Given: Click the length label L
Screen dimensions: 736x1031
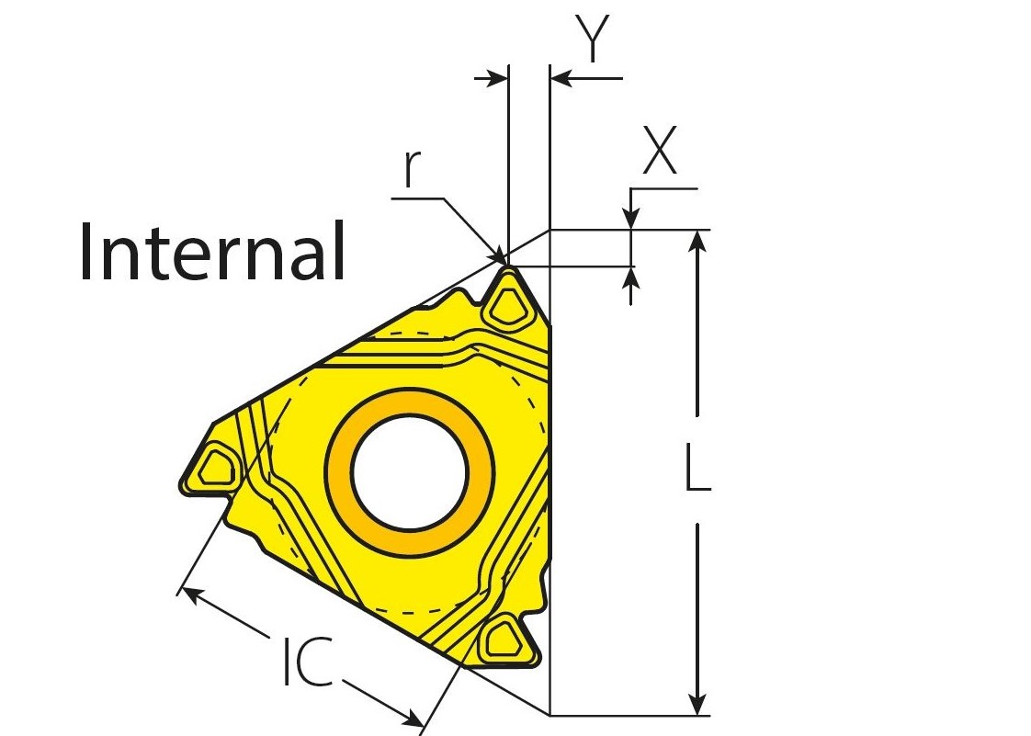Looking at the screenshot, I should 697,467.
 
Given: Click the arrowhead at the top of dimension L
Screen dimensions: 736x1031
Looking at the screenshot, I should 699,241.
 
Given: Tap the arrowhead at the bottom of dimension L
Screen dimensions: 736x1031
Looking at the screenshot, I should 699,703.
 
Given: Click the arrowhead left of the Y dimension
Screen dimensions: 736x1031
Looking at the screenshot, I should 496,79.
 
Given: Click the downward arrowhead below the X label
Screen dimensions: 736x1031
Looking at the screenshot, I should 630,220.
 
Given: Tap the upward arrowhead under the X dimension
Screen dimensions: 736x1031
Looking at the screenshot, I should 630,277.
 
